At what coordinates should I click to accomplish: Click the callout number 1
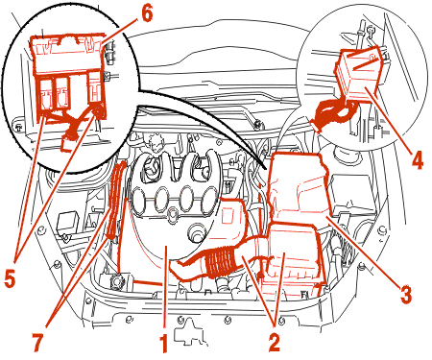(x=163, y=344)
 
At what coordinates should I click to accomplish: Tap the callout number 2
(x=274, y=343)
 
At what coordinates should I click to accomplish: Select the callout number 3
(x=405, y=294)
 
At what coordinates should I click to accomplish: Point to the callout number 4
(x=417, y=159)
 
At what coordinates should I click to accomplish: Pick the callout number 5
(x=10, y=277)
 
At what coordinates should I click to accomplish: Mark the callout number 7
(x=37, y=343)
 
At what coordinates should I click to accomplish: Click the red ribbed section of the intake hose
(x=220, y=261)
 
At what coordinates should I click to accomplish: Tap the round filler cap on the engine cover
(x=196, y=232)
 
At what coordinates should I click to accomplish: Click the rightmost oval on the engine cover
(x=210, y=200)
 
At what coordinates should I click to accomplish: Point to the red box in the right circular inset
(x=358, y=73)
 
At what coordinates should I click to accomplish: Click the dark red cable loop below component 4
(x=333, y=113)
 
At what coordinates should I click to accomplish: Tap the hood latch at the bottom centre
(x=188, y=333)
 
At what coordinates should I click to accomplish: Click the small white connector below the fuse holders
(x=68, y=145)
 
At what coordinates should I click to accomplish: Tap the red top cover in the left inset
(x=66, y=54)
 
